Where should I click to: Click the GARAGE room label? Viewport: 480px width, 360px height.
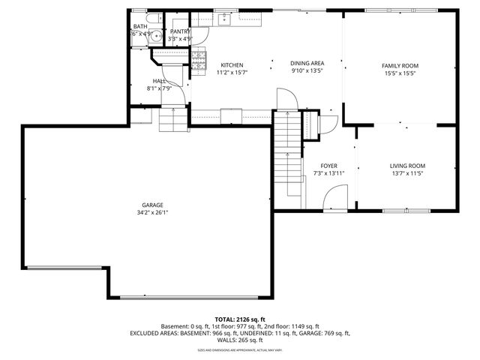click(x=153, y=205)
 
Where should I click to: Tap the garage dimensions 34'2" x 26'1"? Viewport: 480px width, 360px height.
click(x=153, y=212)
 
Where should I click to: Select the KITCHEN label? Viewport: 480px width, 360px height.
click(x=231, y=65)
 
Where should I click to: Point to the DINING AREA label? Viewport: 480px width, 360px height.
click(x=307, y=63)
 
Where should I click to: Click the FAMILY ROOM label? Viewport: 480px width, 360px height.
click(x=400, y=65)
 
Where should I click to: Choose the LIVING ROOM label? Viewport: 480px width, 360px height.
click(x=407, y=166)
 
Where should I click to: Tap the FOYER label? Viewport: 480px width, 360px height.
click(x=329, y=166)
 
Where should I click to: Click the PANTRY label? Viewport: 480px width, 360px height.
click(x=181, y=31)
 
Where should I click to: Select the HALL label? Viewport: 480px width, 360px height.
click(x=159, y=81)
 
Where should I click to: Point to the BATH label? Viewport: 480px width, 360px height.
click(x=141, y=26)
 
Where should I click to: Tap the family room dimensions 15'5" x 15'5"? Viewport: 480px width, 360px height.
click(x=400, y=73)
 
